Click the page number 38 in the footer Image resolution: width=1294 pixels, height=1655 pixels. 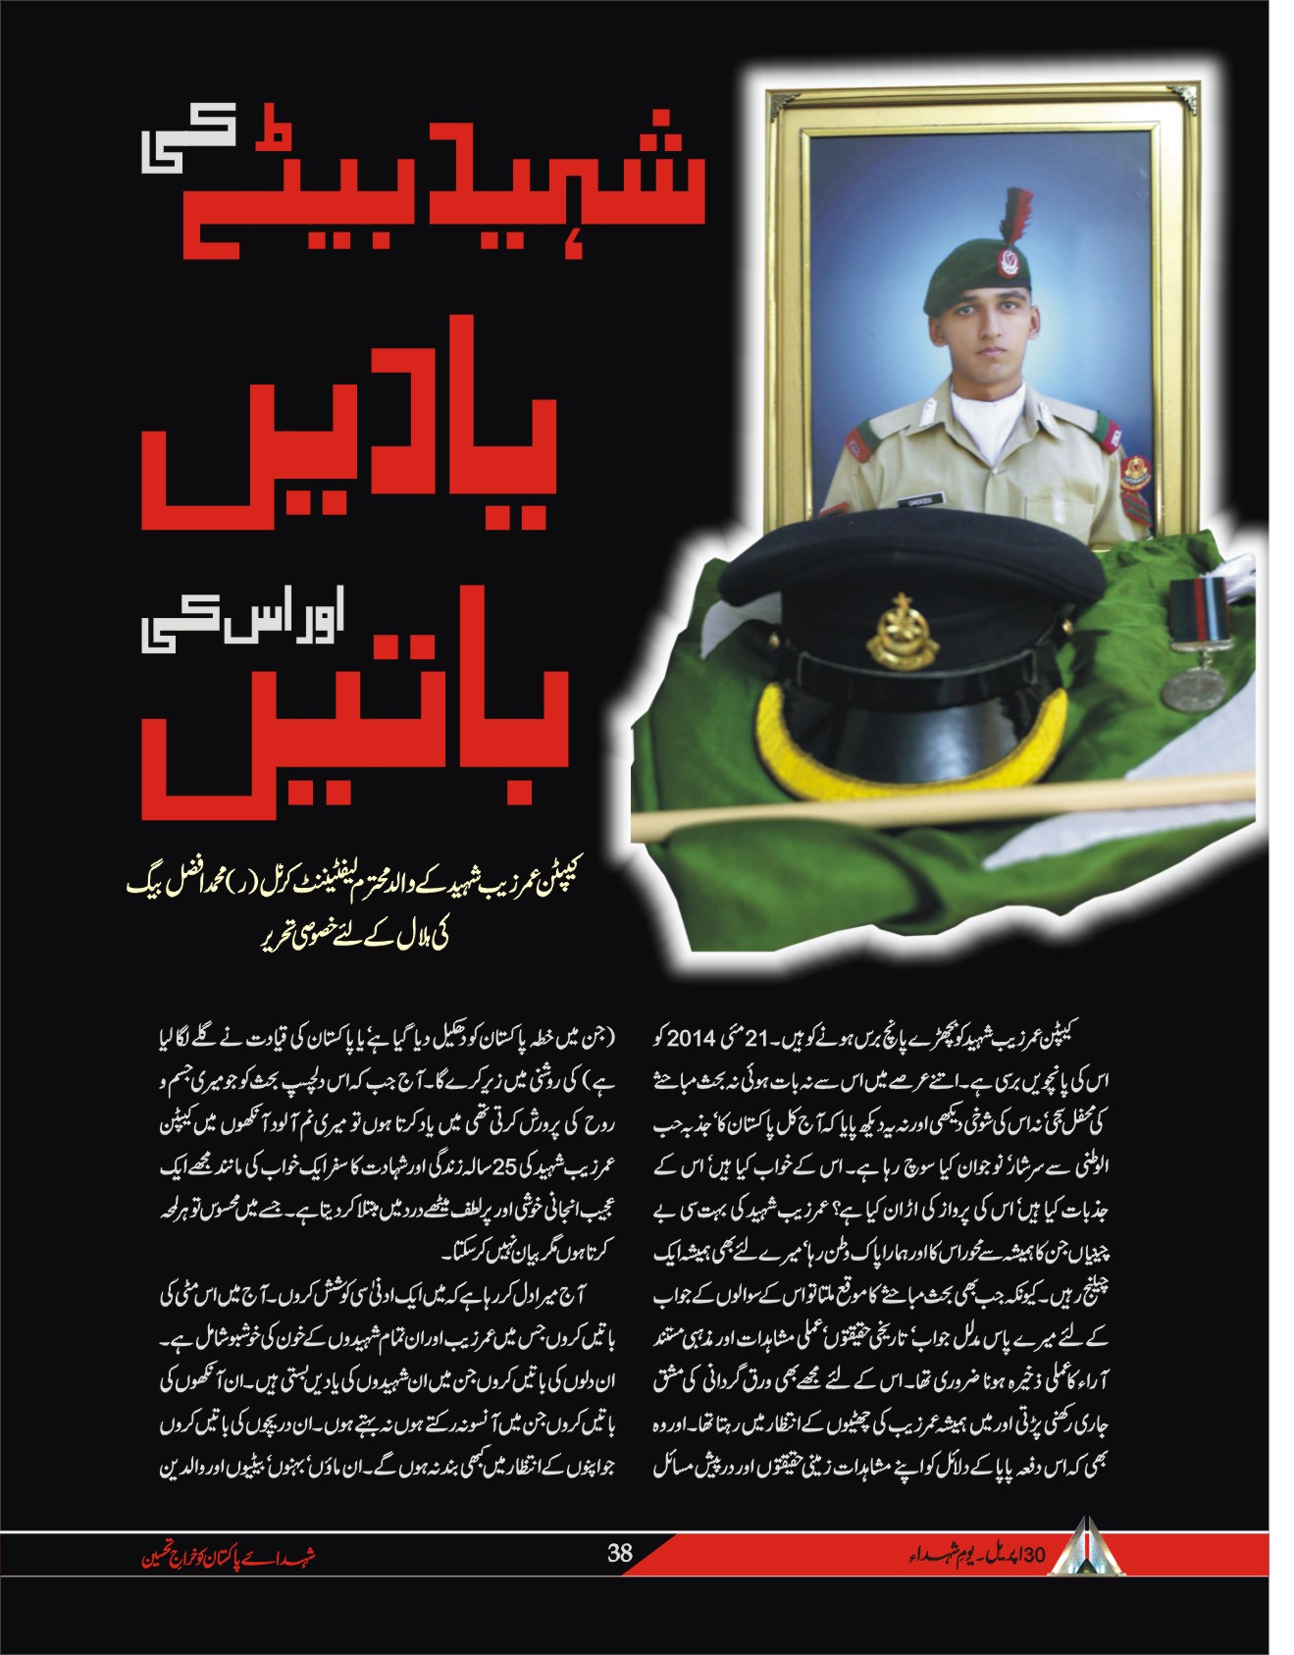click(619, 1553)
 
